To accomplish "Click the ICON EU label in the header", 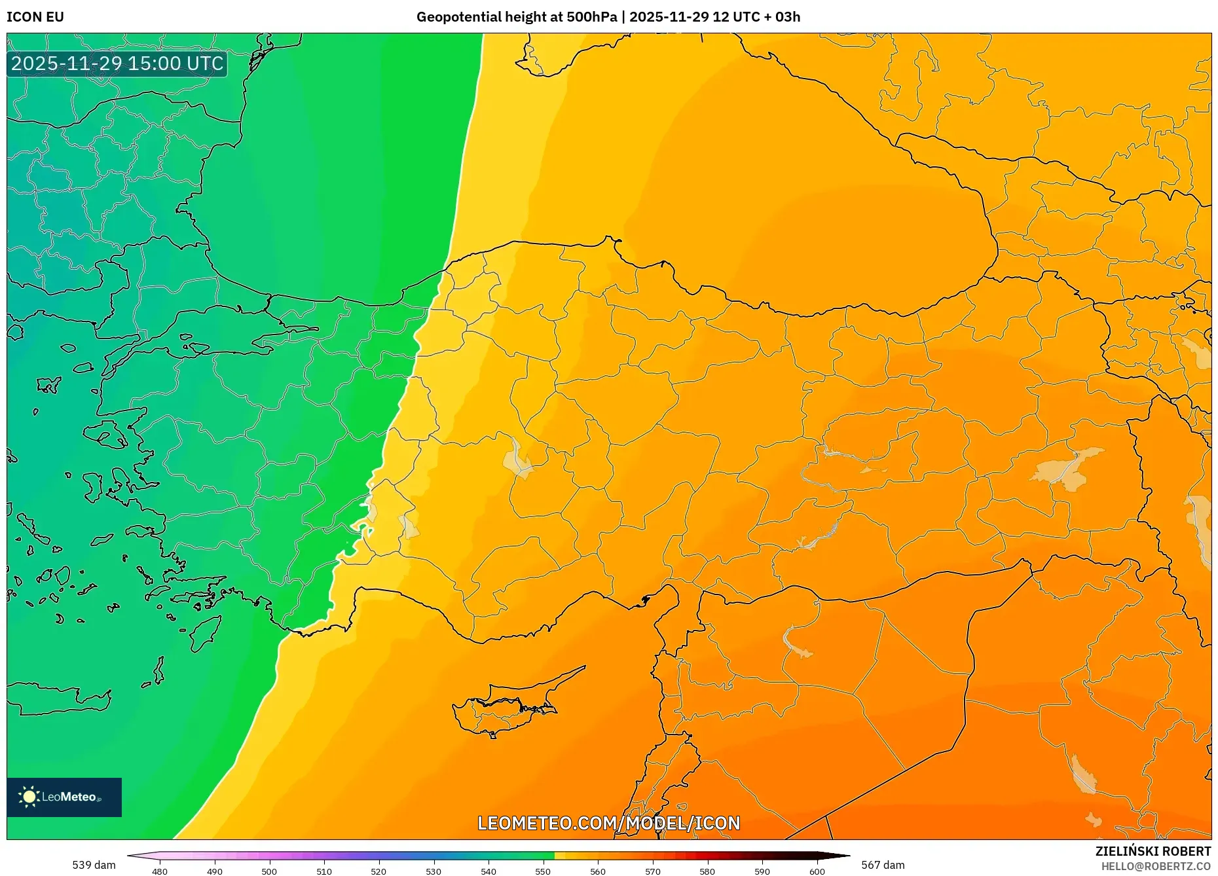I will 35,17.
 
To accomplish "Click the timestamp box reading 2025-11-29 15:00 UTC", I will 117,64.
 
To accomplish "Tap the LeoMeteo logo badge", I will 64,797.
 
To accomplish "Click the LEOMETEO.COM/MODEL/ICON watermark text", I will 608,823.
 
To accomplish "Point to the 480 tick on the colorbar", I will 160,871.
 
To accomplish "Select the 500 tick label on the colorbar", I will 269,871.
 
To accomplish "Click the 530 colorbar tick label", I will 434,871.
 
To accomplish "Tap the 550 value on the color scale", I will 543,871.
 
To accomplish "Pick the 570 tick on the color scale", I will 652,871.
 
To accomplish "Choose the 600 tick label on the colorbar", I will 817,871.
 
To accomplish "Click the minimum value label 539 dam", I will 94,865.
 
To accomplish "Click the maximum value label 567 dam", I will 883,865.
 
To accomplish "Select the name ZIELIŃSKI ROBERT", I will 1153,851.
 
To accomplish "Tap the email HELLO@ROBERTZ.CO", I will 1156,866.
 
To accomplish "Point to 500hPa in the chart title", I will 593,17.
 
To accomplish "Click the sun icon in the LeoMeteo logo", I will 29,797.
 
